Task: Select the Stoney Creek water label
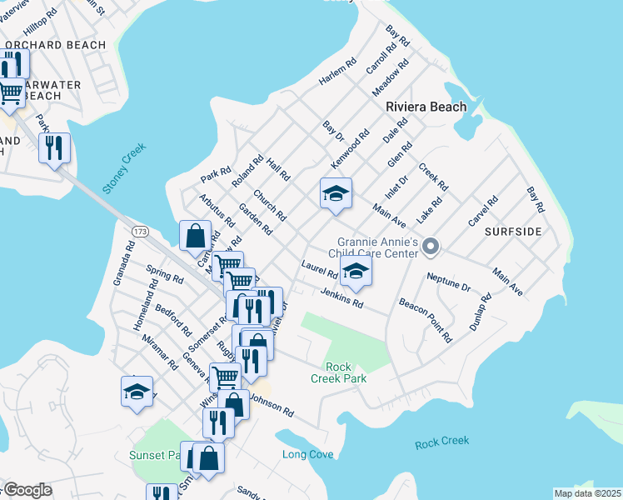tap(124, 168)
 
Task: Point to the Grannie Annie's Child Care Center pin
tap(431, 246)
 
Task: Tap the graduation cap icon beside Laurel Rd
tap(356, 271)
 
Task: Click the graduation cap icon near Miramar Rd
tap(137, 392)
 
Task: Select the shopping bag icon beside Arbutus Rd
tap(195, 235)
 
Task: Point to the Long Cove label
tap(307, 454)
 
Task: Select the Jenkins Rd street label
tap(341, 297)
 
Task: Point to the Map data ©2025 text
tap(587, 493)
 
